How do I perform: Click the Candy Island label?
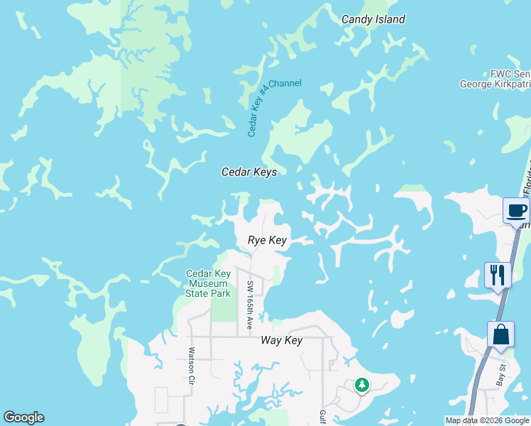[x=373, y=19]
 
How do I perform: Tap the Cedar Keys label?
[x=248, y=172]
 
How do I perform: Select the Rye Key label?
[x=267, y=241]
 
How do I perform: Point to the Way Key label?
[x=281, y=340]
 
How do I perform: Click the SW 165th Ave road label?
[x=250, y=305]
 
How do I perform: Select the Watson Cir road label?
[x=190, y=362]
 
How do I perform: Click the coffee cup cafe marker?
[x=516, y=211]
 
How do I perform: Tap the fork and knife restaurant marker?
[x=498, y=275]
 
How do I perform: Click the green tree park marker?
[x=362, y=385]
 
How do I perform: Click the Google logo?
[x=23, y=417]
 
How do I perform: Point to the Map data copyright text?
[x=488, y=420]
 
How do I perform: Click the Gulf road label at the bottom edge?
[x=322, y=417]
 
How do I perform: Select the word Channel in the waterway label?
[x=285, y=83]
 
